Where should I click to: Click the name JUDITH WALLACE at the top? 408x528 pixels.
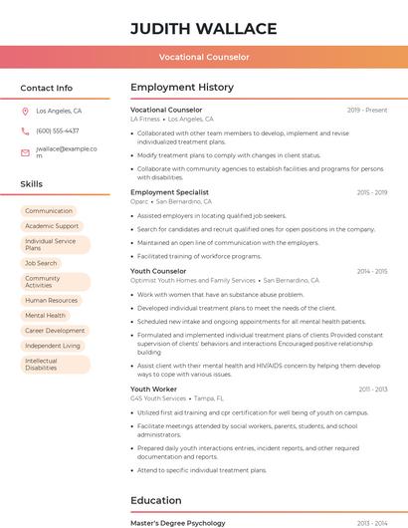click(x=203, y=28)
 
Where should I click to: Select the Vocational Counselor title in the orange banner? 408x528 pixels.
click(x=203, y=57)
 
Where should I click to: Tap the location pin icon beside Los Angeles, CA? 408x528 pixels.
click(x=25, y=112)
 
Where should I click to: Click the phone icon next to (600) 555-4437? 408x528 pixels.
click(x=25, y=131)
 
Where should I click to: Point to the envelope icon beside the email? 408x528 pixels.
click(x=25, y=152)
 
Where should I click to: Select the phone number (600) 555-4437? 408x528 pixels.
click(x=57, y=131)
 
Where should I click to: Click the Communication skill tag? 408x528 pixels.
click(x=49, y=211)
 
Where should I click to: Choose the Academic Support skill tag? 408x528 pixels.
click(x=52, y=226)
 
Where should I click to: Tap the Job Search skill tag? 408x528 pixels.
click(x=41, y=263)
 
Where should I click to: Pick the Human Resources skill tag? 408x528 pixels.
click(x=51, y=300)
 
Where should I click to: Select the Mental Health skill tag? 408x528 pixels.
click(x=45, y=315)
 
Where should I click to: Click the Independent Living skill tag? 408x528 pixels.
click(x=53, y=346)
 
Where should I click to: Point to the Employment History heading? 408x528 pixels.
click(x=182, y=88)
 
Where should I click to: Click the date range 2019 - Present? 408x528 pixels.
click(x=367, y=110)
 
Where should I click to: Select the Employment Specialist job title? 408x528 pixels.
click(x=169, y=191)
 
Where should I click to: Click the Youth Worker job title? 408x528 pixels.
click(x=153, y=389)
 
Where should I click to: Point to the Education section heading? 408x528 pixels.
click(x=156, y=500)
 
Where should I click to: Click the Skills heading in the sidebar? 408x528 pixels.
click(x=32, y=184)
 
